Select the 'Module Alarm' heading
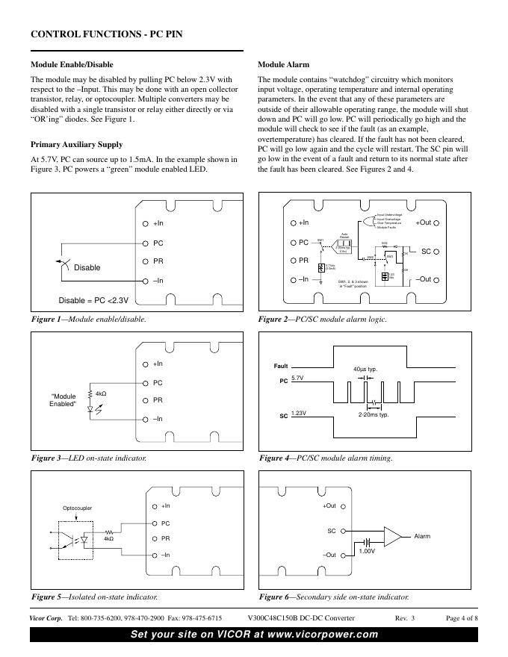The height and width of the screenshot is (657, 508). pos(283,64)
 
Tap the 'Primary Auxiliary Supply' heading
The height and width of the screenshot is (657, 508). pos(76,144)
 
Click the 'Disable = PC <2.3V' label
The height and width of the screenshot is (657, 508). pos(94,301)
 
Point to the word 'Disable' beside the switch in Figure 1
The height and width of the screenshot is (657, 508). pos(87,267)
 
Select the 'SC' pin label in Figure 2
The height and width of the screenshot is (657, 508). pos(427,251)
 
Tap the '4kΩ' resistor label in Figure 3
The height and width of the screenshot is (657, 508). pos(101,393)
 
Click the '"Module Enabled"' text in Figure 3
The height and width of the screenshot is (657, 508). pos(63,401)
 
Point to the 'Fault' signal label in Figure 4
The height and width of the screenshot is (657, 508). pos(280,367)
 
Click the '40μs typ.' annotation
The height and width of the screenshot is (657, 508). pos(365,370)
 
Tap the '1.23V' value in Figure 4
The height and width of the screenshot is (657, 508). pos(299,413)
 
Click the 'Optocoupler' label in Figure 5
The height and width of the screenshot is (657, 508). pos(77,508)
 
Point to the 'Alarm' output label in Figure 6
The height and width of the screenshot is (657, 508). pos(423,536)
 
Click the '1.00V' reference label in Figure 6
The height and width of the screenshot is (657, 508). pos(367,551)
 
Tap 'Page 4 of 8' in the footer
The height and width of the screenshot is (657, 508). pos(462,618)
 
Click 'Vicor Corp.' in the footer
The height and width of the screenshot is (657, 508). pos(46,618)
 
